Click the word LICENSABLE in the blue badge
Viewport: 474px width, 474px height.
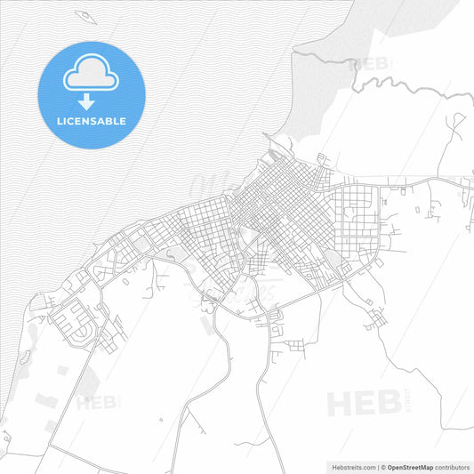[92, 121]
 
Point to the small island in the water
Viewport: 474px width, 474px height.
[84, 15]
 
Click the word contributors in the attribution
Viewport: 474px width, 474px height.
[453, 466]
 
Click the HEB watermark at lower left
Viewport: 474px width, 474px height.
[98, 403]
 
